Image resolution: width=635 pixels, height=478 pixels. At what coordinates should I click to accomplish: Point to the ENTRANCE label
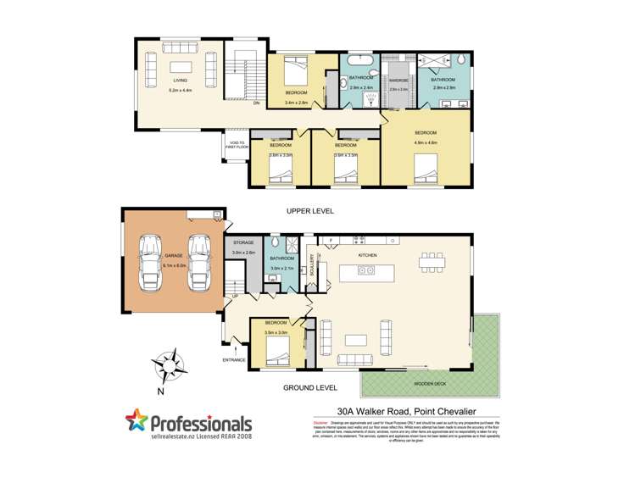pyautogui.click(x=233, y=359)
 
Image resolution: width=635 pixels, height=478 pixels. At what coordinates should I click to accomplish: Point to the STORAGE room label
pyautogui.click(x=244, y=243)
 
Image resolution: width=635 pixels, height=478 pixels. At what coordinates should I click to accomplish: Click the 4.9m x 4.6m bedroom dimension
pyautogui.click(x=426, y=143)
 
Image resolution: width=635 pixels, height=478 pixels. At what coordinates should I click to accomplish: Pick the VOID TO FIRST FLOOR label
pyautogui.click(x=237, y=145)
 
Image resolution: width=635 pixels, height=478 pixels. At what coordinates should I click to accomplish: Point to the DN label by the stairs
pyautogui.click(x=255, y=103)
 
